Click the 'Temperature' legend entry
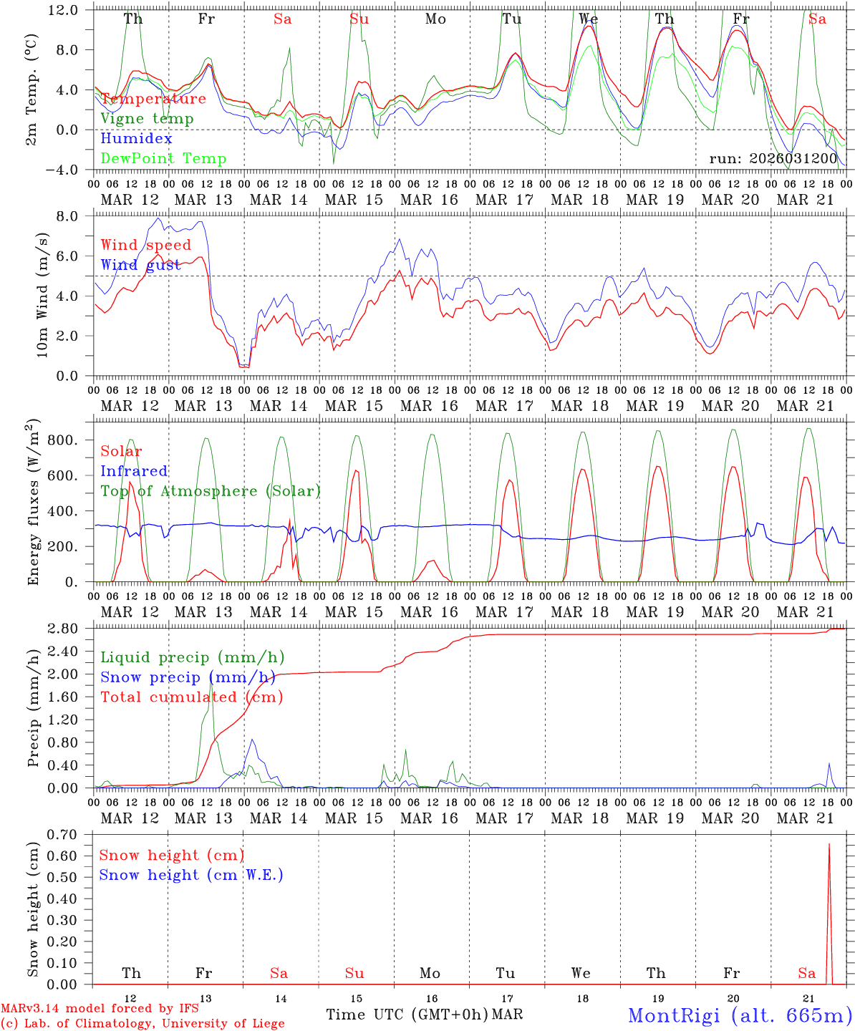pos(153,99)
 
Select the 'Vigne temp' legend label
pos(147,119)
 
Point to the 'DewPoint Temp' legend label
pos(163,159)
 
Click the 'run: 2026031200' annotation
pos(773,158)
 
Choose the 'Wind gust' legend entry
pos(145,265)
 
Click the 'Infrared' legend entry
pos(134,471)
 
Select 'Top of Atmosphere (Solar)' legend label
pos(210,491)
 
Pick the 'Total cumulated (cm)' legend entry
pos(191,697)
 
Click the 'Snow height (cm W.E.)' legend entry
pos(191,875)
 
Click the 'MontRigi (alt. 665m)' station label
pos(740,1015)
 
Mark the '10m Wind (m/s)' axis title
pos(42,295)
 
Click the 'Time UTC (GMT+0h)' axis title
pos(407,1015)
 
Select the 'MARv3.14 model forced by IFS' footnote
pos(100,1009)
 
